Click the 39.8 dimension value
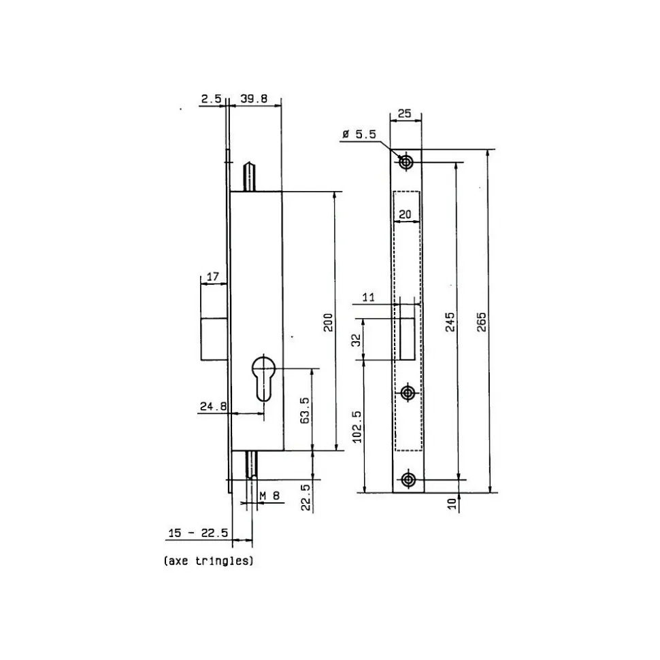tap(254, 99)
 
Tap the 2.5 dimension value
tap(211, 99)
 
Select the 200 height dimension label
tap(329, 322)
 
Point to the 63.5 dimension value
tap(305, 411)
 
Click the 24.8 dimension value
tap(213, 406)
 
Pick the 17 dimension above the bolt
tap(213, 277)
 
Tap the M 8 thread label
tap(269, 496)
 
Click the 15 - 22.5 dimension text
tap(198, 533)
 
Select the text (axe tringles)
tap(209, 561)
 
